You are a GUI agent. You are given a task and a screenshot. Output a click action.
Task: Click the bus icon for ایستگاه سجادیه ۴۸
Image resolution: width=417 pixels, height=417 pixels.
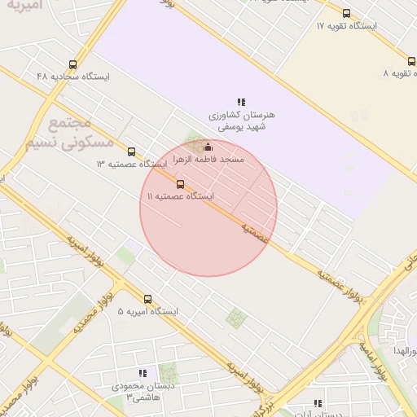click(x=73, y=64)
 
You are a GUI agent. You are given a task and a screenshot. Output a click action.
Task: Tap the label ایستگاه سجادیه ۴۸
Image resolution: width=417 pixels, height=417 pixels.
click(x=72, y=77)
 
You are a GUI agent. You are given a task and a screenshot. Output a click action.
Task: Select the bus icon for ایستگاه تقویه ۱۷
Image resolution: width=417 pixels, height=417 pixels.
click(x=346, y=14)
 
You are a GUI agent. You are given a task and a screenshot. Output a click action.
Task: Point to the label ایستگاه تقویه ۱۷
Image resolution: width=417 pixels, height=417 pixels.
click(x=346, y=26)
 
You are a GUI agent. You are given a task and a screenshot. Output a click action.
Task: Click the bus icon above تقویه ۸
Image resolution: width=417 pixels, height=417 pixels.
click(x=411, y=61)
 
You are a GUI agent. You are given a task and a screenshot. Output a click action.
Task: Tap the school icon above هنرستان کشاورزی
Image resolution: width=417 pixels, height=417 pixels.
click(x=241, y=102)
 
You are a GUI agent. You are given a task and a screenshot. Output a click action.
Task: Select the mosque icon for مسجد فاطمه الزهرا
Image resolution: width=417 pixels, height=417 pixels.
click(x=208, y=147)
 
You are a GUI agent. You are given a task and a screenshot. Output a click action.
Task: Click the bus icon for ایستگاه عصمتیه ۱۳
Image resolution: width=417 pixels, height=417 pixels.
click(x=132, y=151)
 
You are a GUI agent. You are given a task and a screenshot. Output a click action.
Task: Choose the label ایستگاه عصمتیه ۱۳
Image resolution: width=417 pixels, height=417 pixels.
click(x=131, y=165)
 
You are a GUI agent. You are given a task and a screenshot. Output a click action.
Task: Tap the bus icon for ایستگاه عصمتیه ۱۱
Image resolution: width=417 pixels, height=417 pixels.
click(x=181, y=184)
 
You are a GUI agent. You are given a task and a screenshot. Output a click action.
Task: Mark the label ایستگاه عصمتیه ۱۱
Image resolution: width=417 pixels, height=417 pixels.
click(x=180, y=197)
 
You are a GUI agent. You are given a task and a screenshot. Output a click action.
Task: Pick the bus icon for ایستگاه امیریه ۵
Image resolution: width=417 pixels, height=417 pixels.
click(x=147, y=299)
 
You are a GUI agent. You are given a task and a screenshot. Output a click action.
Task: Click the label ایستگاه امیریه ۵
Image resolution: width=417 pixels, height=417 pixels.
click(x=147, y=312)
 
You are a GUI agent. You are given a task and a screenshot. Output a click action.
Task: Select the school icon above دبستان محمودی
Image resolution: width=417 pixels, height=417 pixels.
click(x=143, y=373)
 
